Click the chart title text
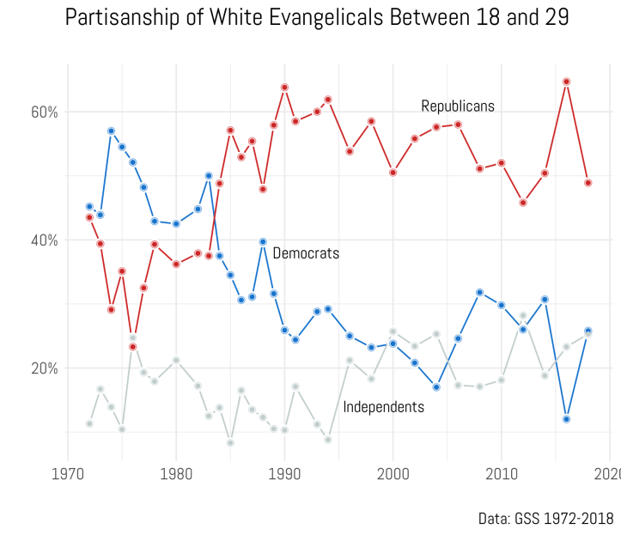click(317, 17)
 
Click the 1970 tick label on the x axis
click(68, 473)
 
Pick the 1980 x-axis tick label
click(176, 473)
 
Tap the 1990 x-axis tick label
click(284, 473)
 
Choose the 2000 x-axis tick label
click(393, 473)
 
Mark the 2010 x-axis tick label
click(502, 473)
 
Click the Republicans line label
click(458, 106)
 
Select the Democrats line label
click(306, 253)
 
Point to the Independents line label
click(383, 407)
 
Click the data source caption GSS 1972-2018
click(545, 519)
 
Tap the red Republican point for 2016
click(567, 82)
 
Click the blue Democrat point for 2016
click(567, 419)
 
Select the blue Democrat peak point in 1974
click(111, 131)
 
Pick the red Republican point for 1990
click(284, 87)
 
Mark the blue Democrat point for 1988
click(263, 242)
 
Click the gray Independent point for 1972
click(89, 423)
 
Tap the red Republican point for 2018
click(588, 183)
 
